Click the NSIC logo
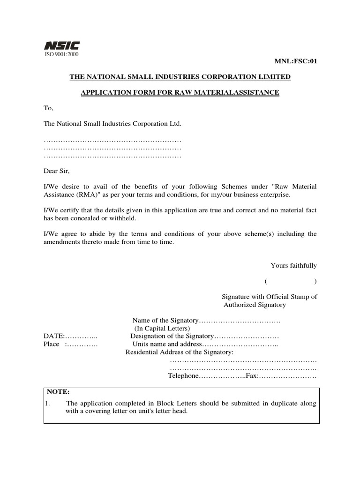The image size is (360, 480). tap(62, 45)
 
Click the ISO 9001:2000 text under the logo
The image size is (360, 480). tap(62, 54)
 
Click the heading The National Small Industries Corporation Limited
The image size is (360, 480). tap(180, 76)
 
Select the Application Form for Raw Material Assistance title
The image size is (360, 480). tap(180, 93)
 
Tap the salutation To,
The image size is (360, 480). tap(49, 108)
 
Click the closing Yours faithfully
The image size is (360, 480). tap(293, 266)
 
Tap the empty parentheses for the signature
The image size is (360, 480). tap(290, 281)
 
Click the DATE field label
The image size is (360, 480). tap(54, 336)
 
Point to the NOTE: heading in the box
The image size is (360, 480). tap(58, 391)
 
